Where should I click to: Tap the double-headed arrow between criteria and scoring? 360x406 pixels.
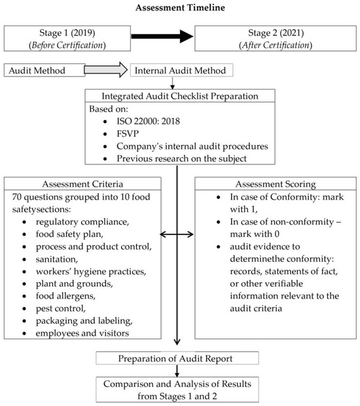177,232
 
